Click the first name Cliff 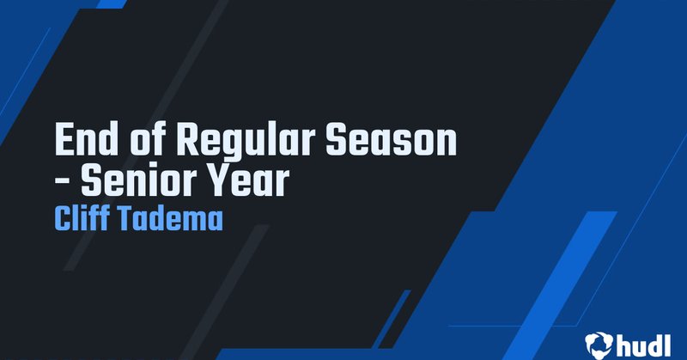coord(82,218)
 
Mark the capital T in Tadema coord(125,218)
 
